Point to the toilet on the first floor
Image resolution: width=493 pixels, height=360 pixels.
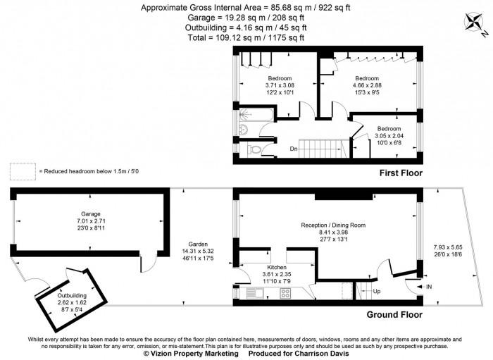click(255, 149)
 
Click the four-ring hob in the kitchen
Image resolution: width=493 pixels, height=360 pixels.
click(287, 292)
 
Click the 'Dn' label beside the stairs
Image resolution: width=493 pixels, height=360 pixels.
click(294, 149)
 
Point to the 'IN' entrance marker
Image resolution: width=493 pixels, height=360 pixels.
click(430, 287)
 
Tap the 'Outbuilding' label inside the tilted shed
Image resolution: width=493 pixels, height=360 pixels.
click(72, 295)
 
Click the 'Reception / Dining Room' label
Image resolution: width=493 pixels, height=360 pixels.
click(333, 225)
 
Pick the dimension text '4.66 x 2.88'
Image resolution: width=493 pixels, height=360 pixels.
click(366, 85)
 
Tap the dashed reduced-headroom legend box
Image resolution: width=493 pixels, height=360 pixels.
click(23, 170)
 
